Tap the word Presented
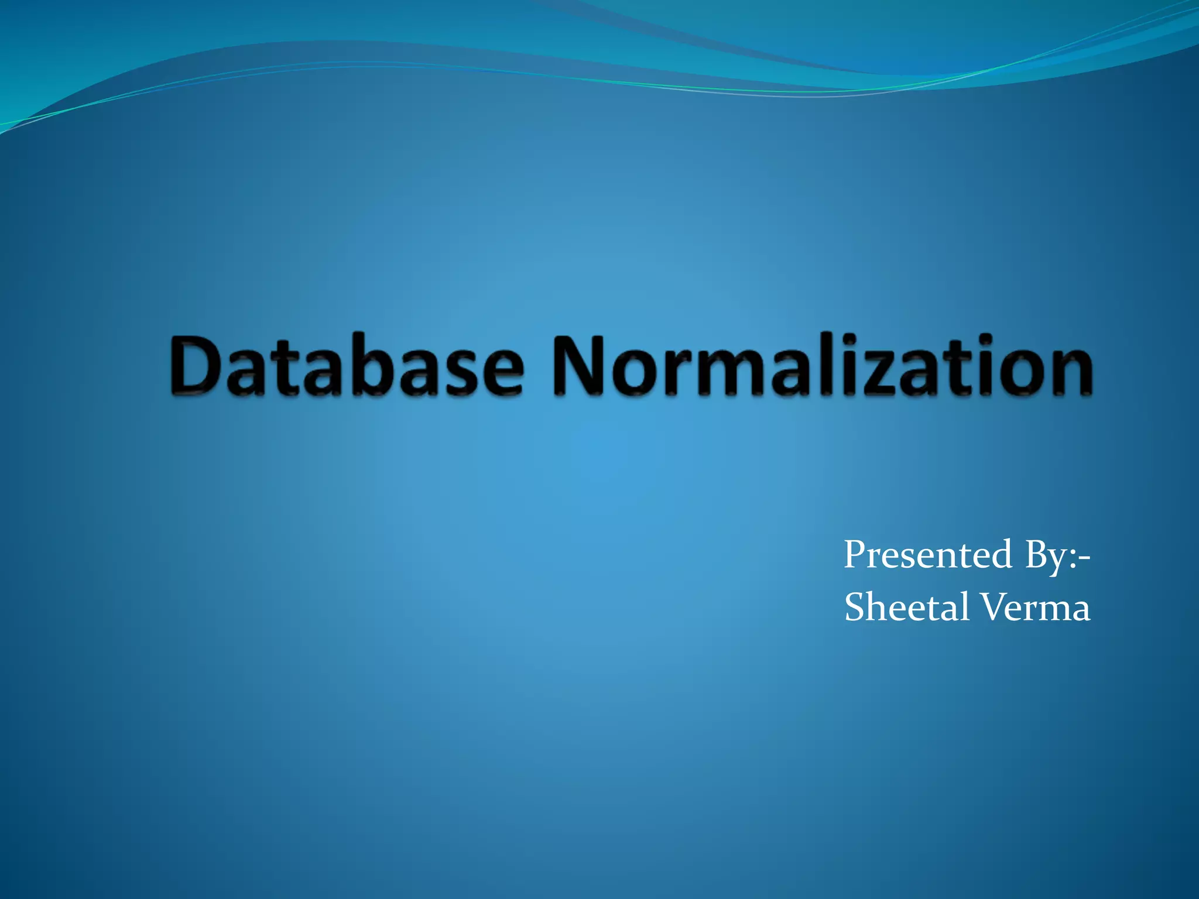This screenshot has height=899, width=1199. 927,554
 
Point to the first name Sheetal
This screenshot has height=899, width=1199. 907,607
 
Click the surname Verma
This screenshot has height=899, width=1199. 1034,607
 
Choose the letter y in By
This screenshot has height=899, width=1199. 1057,560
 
